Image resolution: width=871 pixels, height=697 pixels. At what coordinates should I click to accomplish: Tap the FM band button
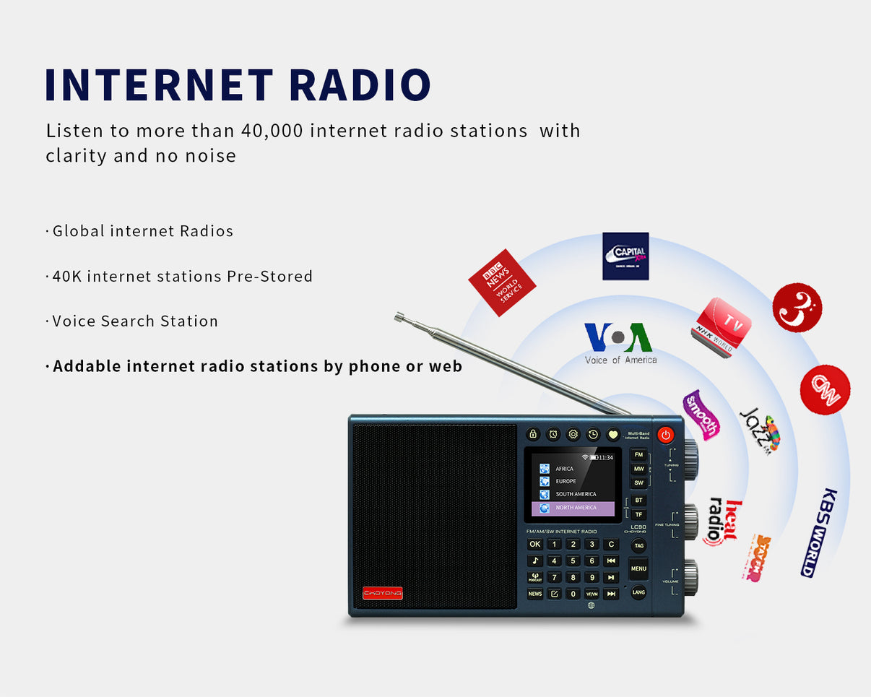pyautogui.click(x=638, y=455)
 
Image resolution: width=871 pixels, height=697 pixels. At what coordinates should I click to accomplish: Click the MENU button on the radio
pyautogui.click(x=638, y=568)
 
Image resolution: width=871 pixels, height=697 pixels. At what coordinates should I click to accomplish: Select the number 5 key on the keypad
pyautogui.click(x=573, y=560)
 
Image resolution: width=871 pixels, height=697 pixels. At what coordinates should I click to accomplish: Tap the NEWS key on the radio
pyautogui.click(x=534, y=594)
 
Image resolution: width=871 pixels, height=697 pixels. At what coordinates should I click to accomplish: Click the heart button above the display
pyautogui.click(x=612, y=434)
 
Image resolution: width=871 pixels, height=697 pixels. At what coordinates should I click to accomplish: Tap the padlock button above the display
pyautogui.click(x=533, y=434)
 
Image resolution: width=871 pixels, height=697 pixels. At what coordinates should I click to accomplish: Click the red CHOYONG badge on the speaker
pyautogui.click(x=383, y=593)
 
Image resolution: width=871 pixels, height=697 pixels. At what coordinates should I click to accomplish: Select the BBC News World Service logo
pyautogui.click(x=502, y=282)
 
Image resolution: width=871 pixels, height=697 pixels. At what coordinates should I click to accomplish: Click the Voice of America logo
pyautogui.click(x=619, y=342)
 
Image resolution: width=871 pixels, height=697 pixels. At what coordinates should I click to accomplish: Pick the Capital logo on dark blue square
pyautogui.click(x=625, y=256)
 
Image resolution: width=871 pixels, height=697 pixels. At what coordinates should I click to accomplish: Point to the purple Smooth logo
pyautogui.click(x=701, y=415)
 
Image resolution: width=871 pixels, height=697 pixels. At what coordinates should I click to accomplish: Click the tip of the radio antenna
pyautogui.click(x=397, y=316)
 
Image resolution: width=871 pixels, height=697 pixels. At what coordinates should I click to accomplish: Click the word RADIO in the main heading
pyautogui.click(x=359, y=85)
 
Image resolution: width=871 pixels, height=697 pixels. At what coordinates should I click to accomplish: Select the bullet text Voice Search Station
pyautogui.click(x=135, y=321)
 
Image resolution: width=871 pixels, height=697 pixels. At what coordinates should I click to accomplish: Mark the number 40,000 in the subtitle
pyautogui.click(x=268, y=131)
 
